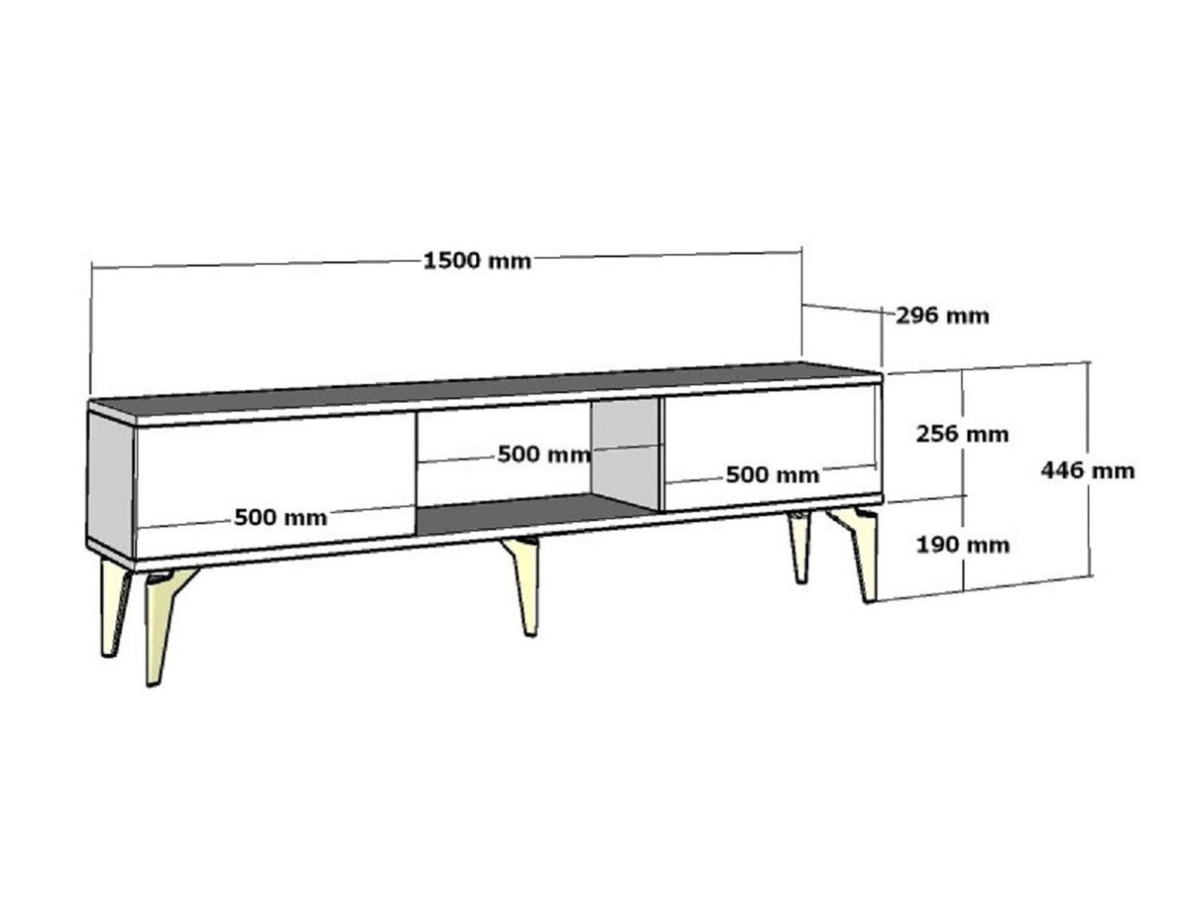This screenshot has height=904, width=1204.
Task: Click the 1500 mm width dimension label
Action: (477, 261)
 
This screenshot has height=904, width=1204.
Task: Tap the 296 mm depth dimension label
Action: (942, 316)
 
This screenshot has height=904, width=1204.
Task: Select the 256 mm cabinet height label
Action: (962, 435)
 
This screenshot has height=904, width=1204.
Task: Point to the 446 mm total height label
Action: (1087, 470)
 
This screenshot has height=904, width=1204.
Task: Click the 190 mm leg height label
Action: (963, 545)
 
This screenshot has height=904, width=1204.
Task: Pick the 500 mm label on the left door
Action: (281, 518)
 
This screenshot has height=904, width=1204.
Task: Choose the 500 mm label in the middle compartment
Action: (544, 454)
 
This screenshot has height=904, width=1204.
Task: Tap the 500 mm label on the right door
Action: (773, 474)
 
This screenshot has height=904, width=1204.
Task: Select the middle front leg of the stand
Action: (524, 585)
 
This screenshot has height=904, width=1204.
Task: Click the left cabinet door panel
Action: (276, 483)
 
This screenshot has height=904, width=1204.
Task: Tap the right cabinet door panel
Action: (771, 448)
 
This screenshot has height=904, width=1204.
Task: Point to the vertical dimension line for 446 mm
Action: (1089, 469)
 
